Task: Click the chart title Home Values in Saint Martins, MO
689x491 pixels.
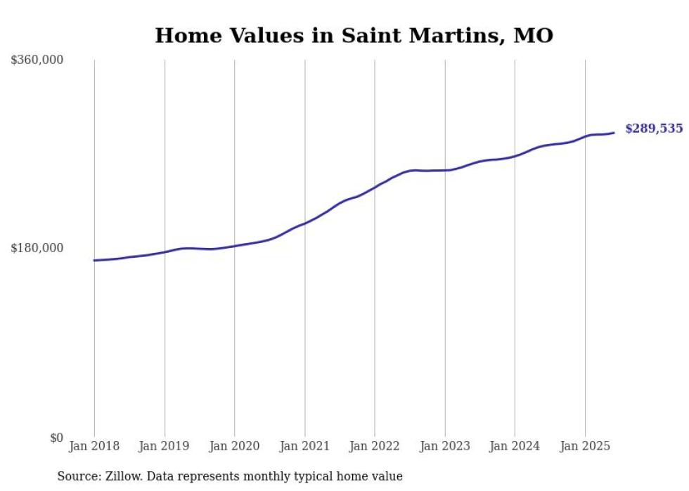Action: click(354, 35)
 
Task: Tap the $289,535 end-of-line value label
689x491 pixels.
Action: click(653, 129)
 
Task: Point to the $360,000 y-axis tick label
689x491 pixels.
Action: click(37, 60)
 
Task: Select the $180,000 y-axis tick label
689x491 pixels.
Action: click(37, 248)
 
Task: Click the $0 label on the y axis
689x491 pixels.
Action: click(56, 438)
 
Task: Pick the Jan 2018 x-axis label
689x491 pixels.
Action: click(94, 446)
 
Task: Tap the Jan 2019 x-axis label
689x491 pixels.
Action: click(165, 446)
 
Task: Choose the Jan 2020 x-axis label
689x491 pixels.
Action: click(234, 446)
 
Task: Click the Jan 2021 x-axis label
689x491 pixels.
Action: click(304, 446)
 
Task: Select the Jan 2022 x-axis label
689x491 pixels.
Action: click(375, 446)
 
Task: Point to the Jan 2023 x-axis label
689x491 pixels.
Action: click(444, 446)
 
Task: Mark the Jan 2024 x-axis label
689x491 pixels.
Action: click(515, 446)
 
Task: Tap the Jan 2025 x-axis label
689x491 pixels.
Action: click(585, 446)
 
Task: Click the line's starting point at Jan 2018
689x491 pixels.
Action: click(94, 261)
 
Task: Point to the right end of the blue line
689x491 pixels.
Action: click(614, 133)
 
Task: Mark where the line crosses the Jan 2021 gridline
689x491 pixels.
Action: click(304, 223)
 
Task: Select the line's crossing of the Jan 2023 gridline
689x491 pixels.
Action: click(444, 170)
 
